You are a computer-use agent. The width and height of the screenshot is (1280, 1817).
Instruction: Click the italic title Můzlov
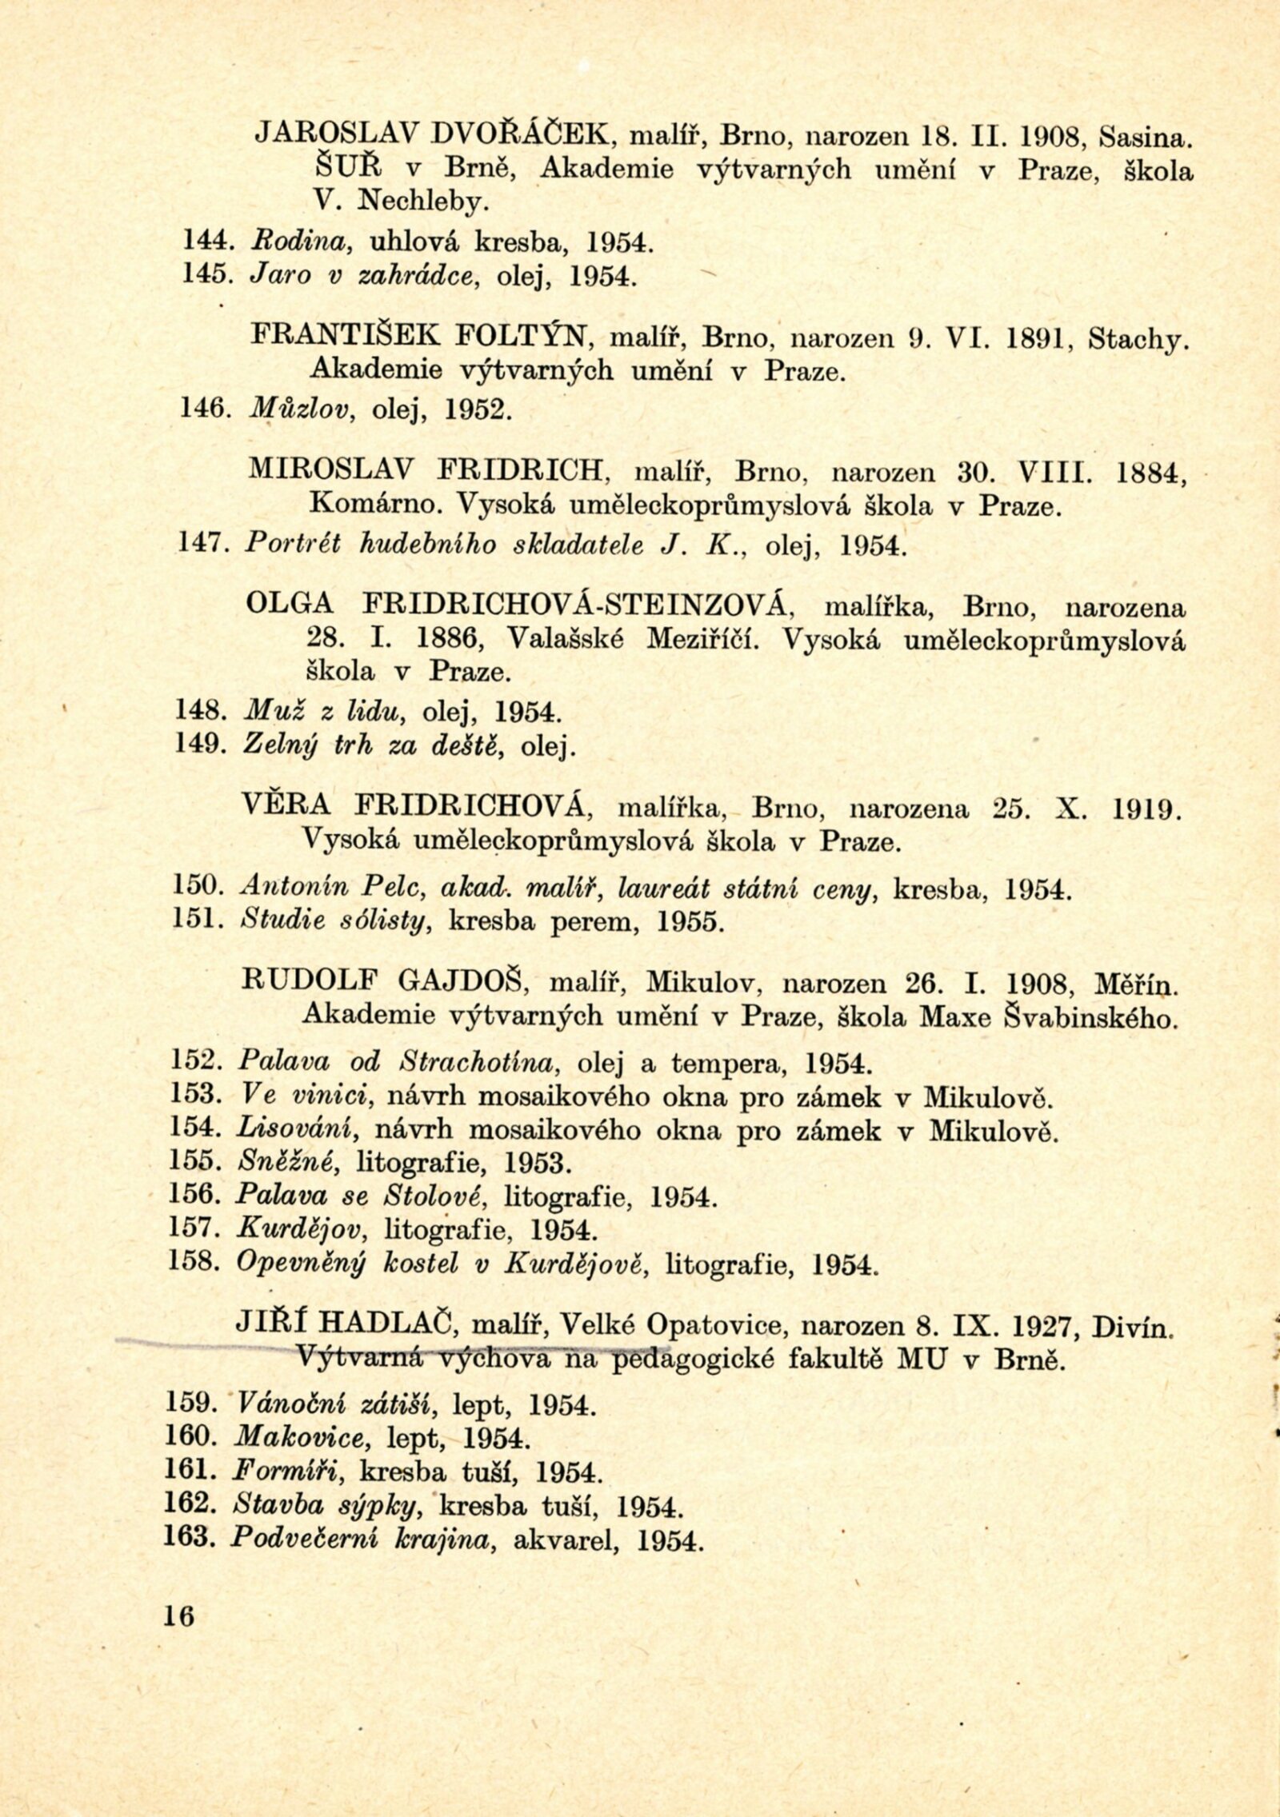[298, 410]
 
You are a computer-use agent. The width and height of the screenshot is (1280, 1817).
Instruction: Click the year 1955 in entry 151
[690, 922]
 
